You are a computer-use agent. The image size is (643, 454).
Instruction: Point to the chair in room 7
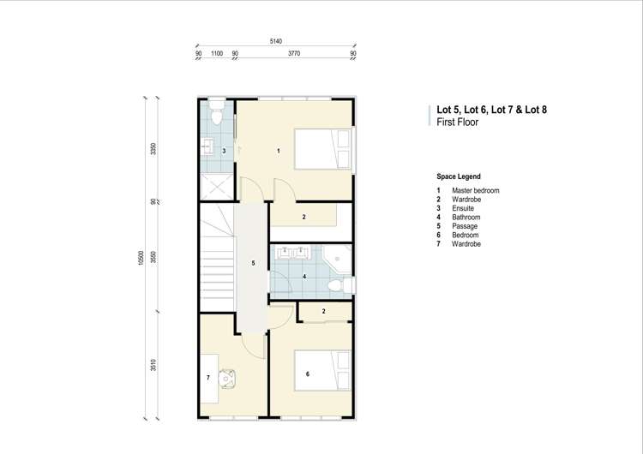[228, 377]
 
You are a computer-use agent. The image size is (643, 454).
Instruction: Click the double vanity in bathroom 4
[294, 252]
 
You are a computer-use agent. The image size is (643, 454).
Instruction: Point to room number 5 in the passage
[253, 263]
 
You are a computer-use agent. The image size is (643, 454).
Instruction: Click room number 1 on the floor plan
[279, 151]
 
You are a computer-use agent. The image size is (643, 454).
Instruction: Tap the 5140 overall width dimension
[275, 41]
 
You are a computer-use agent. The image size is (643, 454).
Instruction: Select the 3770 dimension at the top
[294, 53]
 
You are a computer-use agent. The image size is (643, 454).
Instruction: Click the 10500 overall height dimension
[141, 258]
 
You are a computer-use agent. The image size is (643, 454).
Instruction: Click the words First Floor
[457, 122]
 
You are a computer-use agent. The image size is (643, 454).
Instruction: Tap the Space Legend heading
[459, 176]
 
